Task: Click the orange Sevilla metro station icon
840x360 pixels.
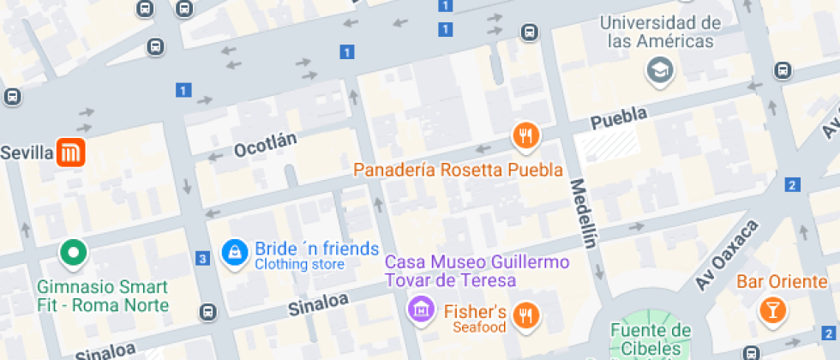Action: pos(71,153)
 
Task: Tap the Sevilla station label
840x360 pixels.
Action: pos(27,153)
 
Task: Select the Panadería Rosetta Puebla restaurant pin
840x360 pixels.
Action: pos(525,135)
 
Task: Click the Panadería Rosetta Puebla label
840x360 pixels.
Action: pos(459,169)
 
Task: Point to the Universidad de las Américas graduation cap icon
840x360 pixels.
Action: pos(660,70)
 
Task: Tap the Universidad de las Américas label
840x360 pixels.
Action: pos(660,32)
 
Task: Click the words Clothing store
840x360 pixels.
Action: pos(299,265)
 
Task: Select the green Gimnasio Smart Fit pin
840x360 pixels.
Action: pos(73,253)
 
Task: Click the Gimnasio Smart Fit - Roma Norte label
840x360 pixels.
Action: pos(103,296)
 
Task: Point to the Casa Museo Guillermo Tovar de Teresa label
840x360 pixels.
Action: pos(477,270)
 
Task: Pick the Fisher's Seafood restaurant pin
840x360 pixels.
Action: pos(525,316)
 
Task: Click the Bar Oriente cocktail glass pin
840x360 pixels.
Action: pos(772,310)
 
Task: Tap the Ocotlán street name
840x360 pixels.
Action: pos(265,145)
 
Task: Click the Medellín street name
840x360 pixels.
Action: pos(582,213)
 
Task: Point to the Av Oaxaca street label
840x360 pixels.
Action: pos(728,255)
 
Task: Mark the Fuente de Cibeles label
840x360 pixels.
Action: pos(651,339)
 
